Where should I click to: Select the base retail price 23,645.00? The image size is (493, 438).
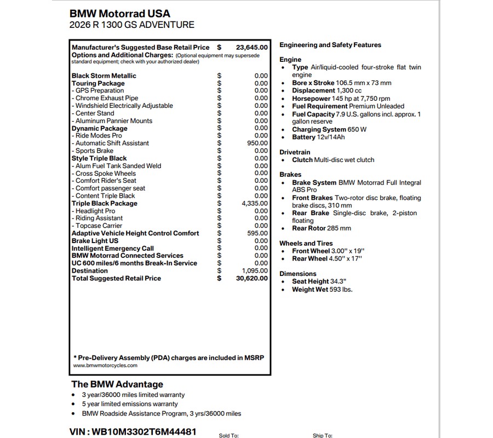252,48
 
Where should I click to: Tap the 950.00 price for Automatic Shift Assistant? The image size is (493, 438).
257,143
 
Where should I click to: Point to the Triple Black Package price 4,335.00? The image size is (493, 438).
255,203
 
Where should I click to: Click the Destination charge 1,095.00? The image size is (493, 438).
255,270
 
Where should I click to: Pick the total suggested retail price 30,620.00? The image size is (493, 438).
252,278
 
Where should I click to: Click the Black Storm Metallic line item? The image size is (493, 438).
104,76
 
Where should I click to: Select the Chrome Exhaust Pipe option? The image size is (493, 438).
107,98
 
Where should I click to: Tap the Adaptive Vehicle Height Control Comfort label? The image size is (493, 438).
135,233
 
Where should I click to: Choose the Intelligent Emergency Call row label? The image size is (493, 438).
113,248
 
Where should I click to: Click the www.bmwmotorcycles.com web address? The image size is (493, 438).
105,365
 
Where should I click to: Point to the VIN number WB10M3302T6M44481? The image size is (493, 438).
134,431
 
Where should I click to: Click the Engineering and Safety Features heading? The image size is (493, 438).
330,45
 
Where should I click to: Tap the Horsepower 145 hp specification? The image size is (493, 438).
341,99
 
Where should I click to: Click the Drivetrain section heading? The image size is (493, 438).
295,152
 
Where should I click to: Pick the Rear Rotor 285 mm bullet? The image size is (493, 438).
322,228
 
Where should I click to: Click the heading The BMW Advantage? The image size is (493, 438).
117,384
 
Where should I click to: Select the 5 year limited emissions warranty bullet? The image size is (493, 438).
130,404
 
